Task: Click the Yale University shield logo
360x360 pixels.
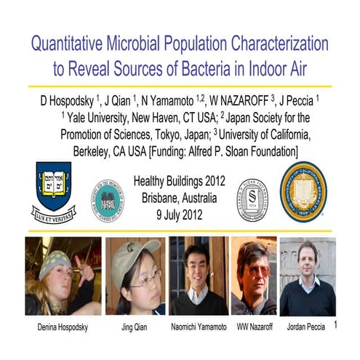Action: click(54, 191)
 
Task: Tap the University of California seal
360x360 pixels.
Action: click(303, 191)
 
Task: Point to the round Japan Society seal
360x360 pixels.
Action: click(107, 199)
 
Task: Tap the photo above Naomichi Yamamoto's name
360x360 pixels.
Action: click(199, 275)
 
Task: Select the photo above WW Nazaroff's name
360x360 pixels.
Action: click(253, 275)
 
